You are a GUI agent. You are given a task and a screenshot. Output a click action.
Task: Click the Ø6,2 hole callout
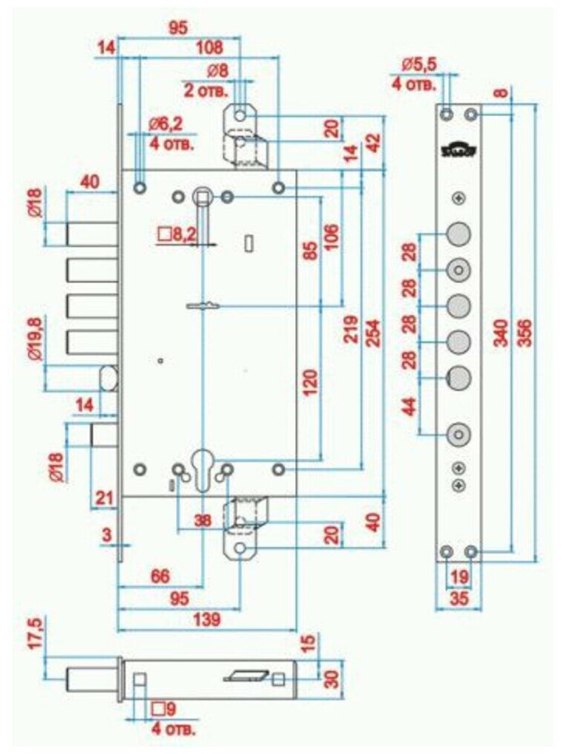click(172, 126)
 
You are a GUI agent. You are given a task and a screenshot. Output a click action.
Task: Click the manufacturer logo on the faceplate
click(459, 149)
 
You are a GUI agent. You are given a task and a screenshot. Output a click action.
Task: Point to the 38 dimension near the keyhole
click(201, 520)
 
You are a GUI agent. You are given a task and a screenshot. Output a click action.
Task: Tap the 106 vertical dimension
click(331, 238)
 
